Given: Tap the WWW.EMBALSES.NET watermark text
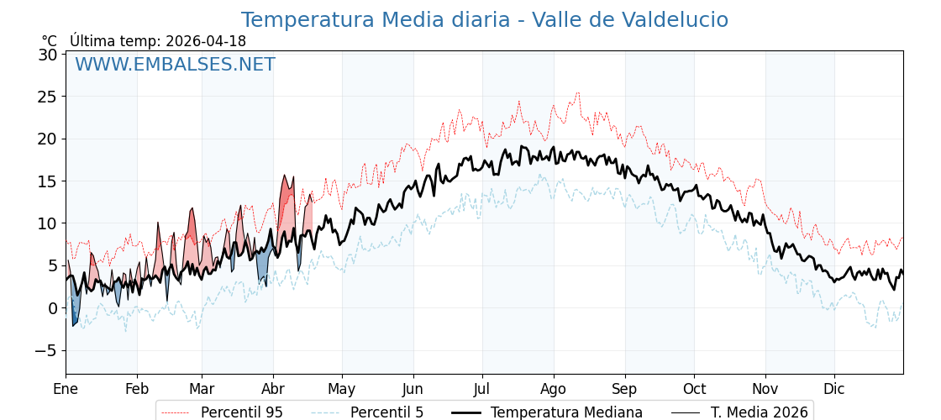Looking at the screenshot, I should pyautogui.click(x=175, y=65).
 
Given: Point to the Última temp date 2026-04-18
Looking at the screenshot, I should pyautogui.click(x=206, y=41).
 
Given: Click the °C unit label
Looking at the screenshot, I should pyautogui.click(x=50, y=41).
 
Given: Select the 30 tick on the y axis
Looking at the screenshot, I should pyautogui.click(x=48, y=55).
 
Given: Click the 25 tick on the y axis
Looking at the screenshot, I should pyautogui.click(x=48, y=97).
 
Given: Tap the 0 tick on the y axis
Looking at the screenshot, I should pyautogui.click(x=52, y=308).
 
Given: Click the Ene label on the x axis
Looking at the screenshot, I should pyautogui.click(x=66, y=389).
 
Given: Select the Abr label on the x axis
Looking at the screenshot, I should pyautogui.click(x=273, y=389).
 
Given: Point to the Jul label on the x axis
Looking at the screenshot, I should pyautogui.click(x=482, y=389).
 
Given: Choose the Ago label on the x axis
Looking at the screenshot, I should pyautogui.click(x=554, y=389).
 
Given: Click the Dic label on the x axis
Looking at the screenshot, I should pyautogui.click(x=834, y=389).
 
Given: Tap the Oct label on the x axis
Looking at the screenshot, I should pyautogui.click(x=694, y=389).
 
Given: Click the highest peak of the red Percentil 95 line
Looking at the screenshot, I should pyautogui.click(x=577, y=93).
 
